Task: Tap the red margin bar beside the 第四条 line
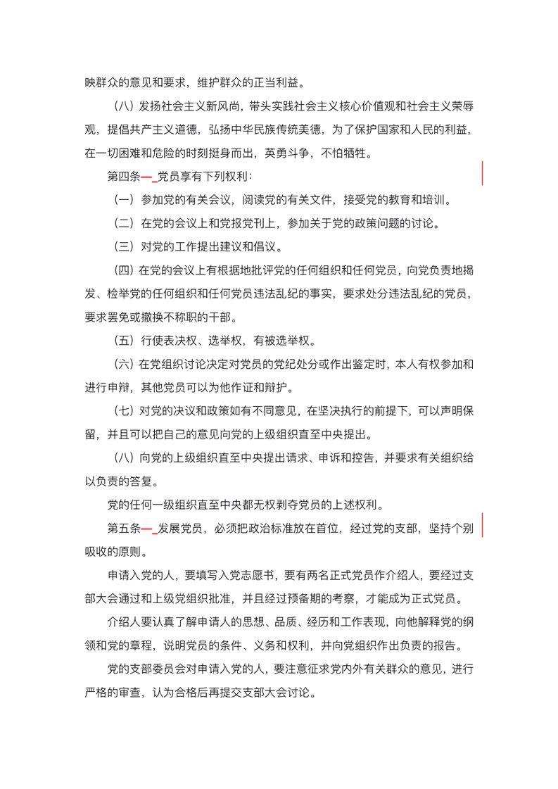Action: tap(482, 173)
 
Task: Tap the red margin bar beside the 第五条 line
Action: tap(482, 525)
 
